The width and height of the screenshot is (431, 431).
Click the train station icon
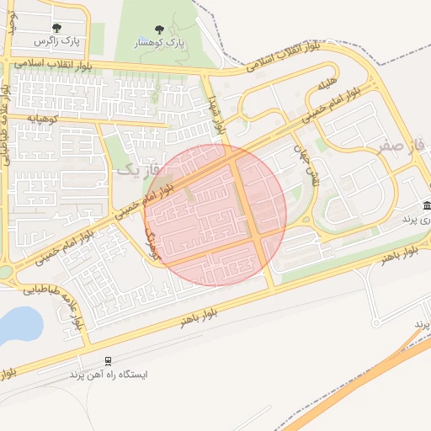(x=107, y=360)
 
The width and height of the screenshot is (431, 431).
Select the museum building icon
(x=427, y=206)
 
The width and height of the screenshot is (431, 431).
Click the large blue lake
(x=19, y=324)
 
